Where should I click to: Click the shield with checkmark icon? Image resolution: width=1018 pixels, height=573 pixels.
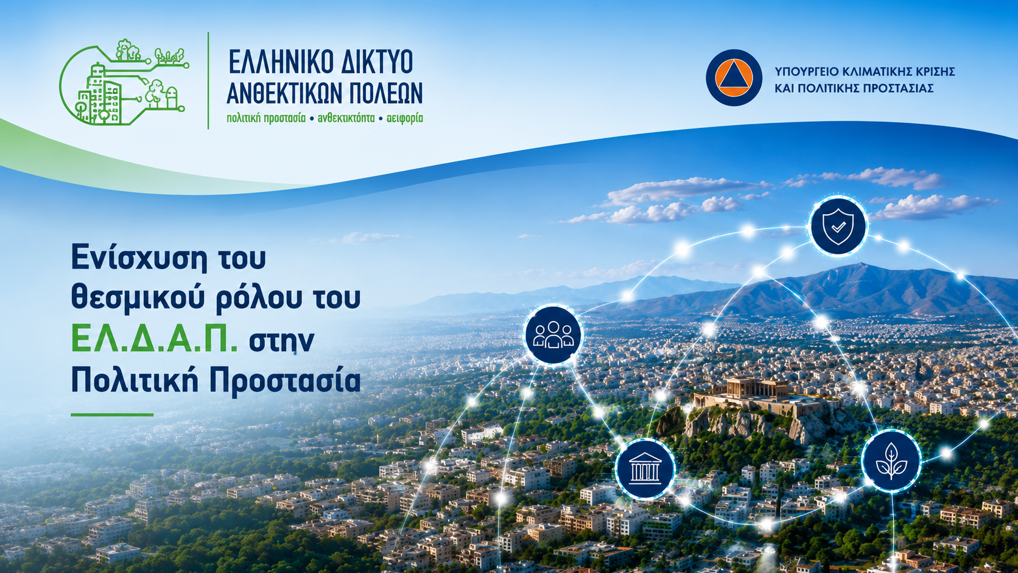tap(838, 226)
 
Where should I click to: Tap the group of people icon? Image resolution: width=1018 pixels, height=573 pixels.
tap(553, 334)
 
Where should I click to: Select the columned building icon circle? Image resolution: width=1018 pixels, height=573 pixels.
tap(645, 468)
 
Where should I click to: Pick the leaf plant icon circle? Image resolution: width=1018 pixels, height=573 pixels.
tap(891, 461)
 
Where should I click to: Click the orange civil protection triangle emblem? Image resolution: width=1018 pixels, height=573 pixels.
tap(734, 78)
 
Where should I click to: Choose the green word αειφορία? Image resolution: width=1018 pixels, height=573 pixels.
tap(404, 119)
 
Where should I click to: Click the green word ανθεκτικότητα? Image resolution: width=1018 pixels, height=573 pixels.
tap(346, 119)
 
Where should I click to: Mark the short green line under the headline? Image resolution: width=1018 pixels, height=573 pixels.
tap(112, 415)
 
